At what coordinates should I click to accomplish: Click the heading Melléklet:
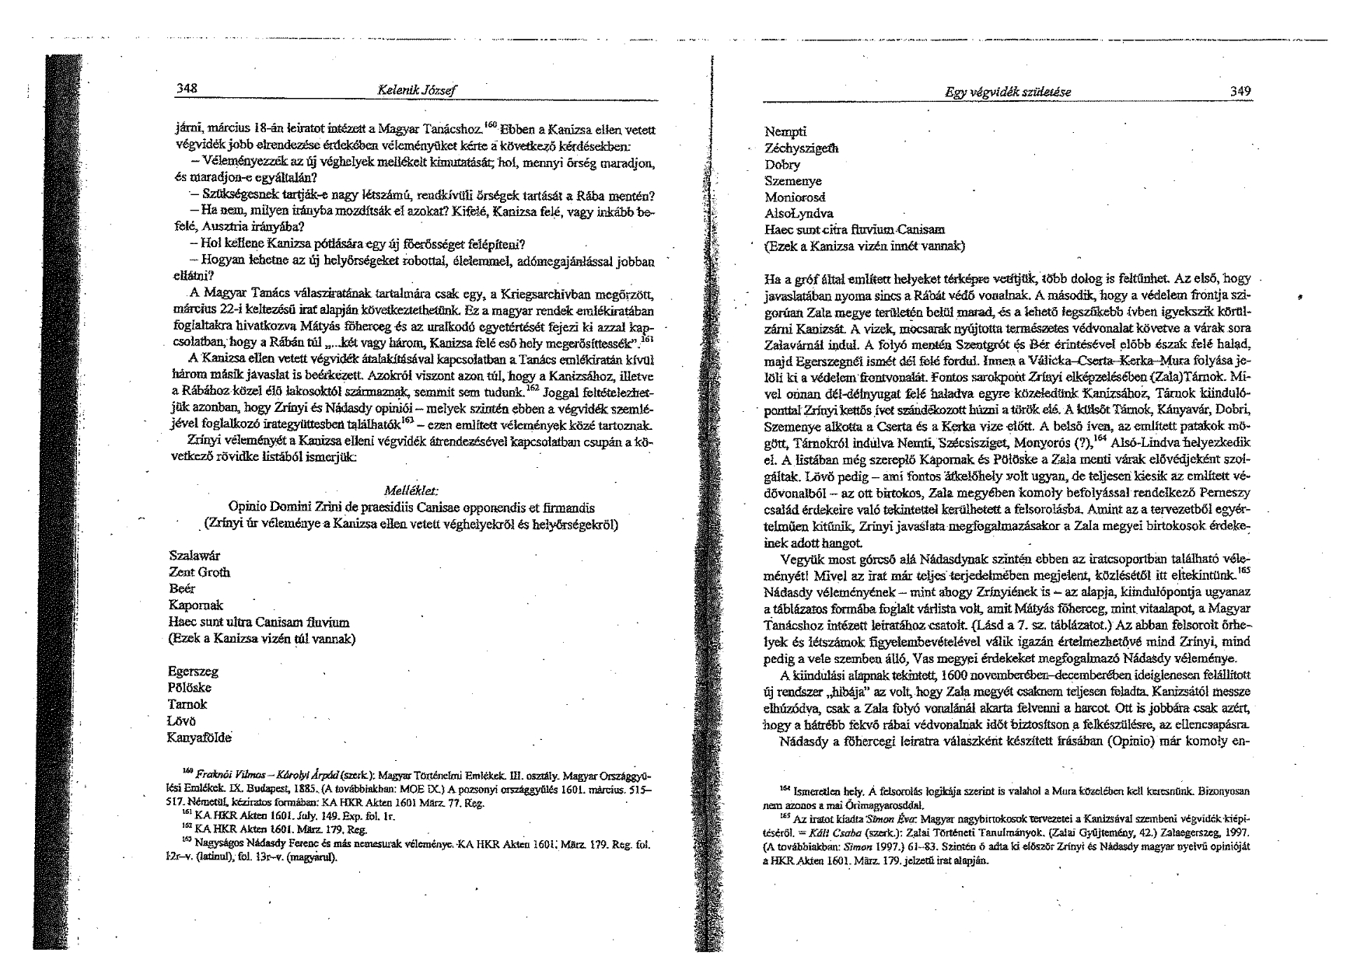coord(412,491)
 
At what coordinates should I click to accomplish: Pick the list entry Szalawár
coord(194,556)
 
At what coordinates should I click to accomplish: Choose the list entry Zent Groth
coord(200,573)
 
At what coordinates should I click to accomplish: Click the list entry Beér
coord(182,589)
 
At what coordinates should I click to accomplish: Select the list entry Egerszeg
coord(193,671)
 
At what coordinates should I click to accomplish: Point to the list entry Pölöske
coord(190,688)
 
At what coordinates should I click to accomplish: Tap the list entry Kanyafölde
coord(200,738)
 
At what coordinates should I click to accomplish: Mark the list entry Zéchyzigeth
coord(803,148)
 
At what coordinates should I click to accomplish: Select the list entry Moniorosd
coord(795,197)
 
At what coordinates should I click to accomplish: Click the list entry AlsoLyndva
coord(799,213)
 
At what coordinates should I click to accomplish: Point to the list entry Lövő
coord(183,721)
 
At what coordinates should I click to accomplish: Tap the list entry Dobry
coord(782,165)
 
